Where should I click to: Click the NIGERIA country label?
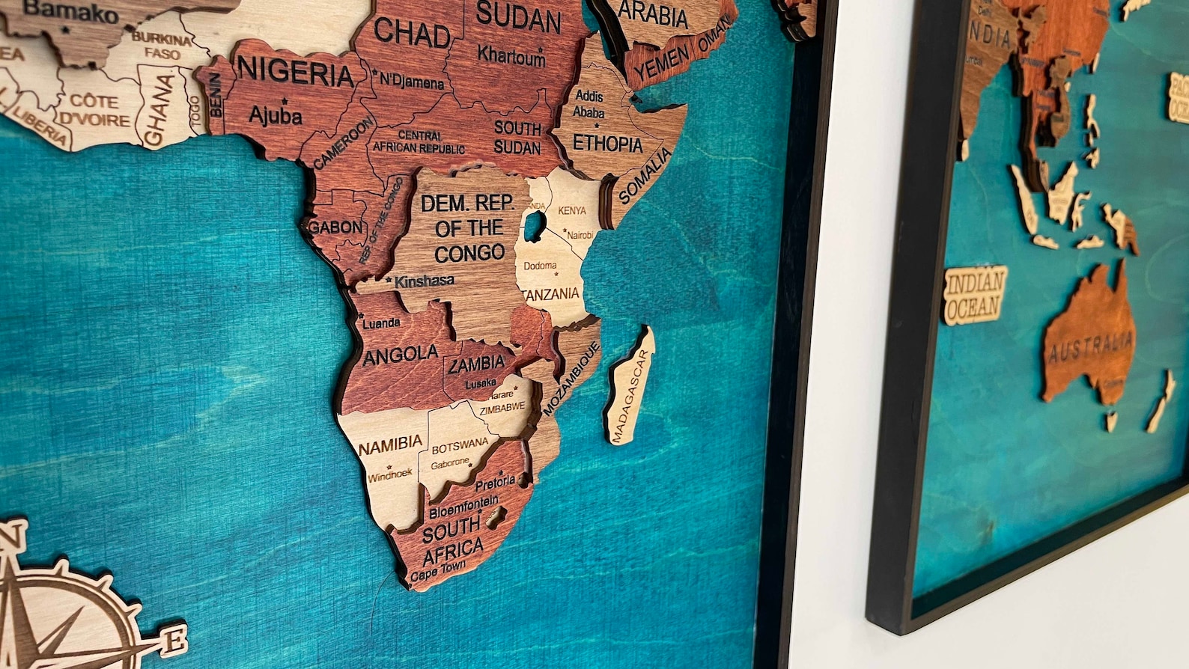point(296,73)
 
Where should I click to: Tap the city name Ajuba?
point(276,115)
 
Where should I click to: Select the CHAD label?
point(412,34)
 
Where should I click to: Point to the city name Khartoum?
point(511,55)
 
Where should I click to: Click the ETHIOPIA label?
point(607,143)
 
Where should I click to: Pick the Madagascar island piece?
point(630,386)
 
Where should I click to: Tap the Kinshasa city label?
point(424,281)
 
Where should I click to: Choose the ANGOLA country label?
point(401,355)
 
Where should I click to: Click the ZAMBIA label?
point(476,365)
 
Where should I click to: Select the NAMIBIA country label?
point(390,445)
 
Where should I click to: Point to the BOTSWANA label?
point(460,447)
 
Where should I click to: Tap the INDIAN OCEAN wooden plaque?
point(974,294)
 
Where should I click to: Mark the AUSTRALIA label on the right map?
point(1091,346)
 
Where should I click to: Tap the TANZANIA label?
point(553,294)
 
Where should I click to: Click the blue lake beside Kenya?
point(533,226)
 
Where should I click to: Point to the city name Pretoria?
point(494,482)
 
